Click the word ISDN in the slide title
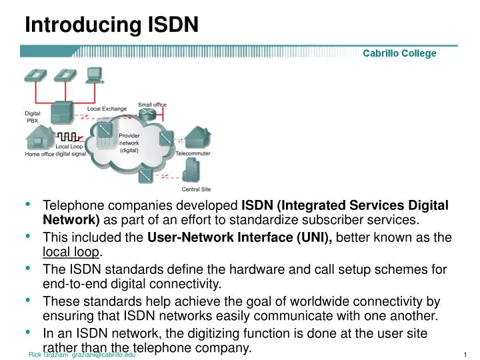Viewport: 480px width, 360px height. coord(172,25)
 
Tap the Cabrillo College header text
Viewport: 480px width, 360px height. coord(399,53)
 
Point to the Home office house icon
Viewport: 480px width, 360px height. coord(38,139)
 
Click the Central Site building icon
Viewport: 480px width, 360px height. coord(193,173)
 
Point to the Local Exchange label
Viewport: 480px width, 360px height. coord(107,109)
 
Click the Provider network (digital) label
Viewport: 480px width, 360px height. coord(129,143)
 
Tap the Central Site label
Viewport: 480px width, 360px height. coord(196,189)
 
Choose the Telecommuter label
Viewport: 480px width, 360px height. coord(193,153)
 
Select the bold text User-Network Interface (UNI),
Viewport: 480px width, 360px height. coord(240,238)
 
